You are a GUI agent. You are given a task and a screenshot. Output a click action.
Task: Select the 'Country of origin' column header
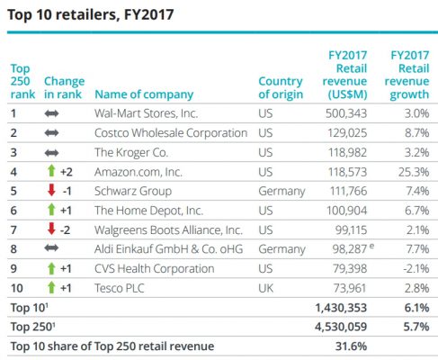(x=280, y=87)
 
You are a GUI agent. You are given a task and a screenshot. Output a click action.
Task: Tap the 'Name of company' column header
(x=144, y=94)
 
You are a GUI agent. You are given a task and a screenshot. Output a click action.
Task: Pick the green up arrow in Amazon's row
(x=51, y=171)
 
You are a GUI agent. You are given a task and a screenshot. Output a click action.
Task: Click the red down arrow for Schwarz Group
(x=51, y=190)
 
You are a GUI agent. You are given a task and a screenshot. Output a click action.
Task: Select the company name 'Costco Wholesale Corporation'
(x=171, y=132)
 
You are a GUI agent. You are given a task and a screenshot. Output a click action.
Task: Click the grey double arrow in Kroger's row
(x=51, y=152)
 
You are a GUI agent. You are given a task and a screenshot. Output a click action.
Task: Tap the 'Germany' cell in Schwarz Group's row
(x=280, y=190)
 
